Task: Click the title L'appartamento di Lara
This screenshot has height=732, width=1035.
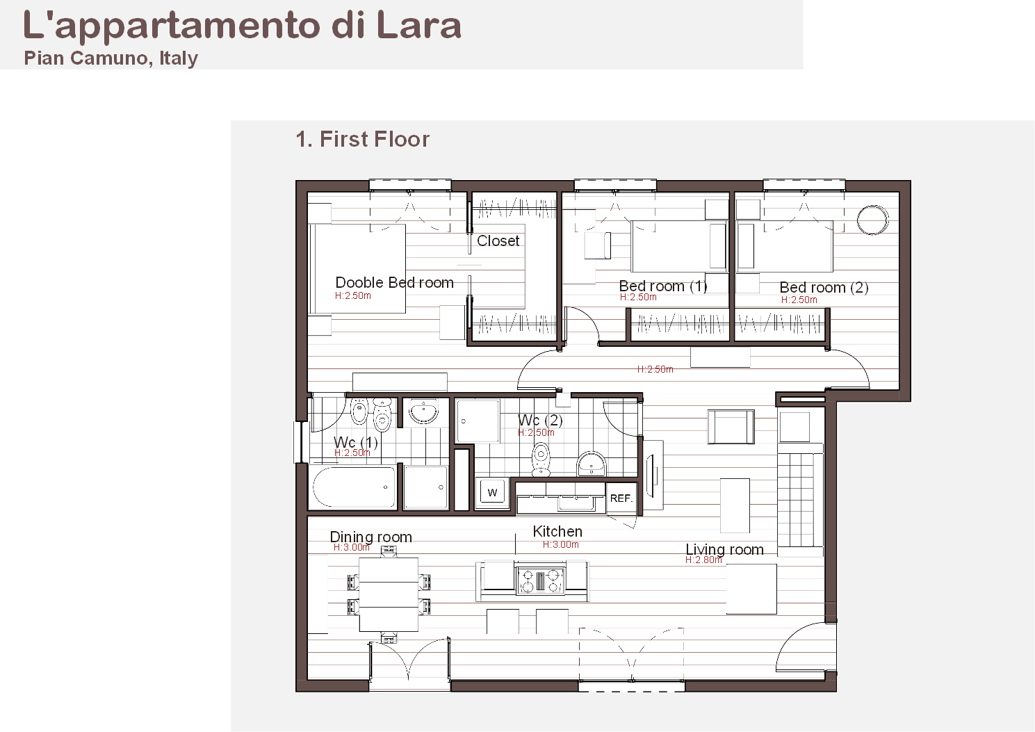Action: click(242, 26)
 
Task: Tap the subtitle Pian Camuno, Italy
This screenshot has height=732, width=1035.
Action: click(111, 58)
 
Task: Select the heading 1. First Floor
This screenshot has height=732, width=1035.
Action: click(363, 139)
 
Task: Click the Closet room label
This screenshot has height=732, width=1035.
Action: click(498, 241)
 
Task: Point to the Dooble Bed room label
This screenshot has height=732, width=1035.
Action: click(395, 282)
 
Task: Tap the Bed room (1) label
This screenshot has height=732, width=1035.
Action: click(663, 286)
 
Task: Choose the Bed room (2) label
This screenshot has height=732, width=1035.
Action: click(824, 287)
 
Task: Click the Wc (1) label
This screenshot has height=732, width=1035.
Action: click(356, 442)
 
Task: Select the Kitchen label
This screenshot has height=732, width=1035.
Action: click(557, 531)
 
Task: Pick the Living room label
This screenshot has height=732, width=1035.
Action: click(724, 549)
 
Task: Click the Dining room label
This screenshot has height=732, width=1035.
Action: click(370, 537)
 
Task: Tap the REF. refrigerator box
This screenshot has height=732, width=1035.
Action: click(621, 498)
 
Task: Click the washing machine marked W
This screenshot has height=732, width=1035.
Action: click(492, 493)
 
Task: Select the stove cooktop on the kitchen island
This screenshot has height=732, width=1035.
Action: click(540, 580)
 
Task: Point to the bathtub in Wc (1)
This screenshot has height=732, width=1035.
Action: click(354, 487)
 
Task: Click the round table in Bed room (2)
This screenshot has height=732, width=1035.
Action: click(872, 220)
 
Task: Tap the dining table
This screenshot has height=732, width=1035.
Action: click(389, 594)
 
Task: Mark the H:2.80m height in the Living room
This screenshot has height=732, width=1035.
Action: click(703, 560)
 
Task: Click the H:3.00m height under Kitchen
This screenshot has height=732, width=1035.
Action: click(560, 545)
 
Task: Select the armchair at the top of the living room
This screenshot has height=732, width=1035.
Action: click(731, 427)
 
